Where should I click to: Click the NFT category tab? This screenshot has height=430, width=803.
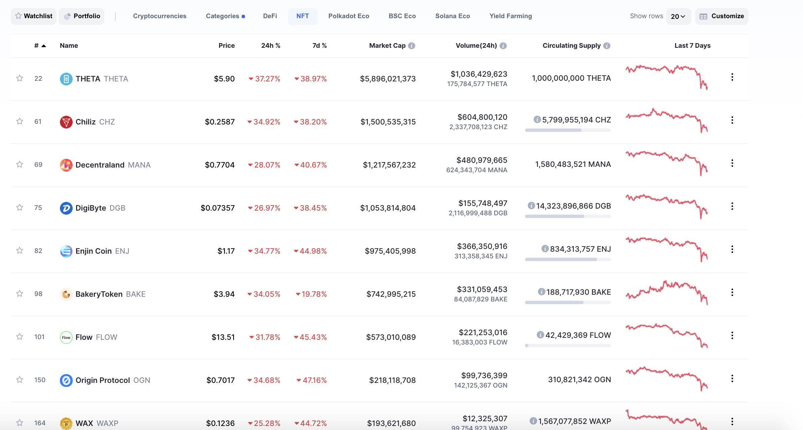click(303, 16)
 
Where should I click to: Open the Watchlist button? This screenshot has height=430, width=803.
click(34, 16)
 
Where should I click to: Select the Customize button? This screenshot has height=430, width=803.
click(722, 16)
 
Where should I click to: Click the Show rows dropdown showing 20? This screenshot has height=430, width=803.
click(678, 16)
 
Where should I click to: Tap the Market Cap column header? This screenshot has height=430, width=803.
click(387, 45)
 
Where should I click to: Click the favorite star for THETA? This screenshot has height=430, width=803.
click(20, 78)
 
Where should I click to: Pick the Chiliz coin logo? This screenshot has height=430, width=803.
click(66, 122)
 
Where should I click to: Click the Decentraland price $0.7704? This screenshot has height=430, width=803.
click(220, 165)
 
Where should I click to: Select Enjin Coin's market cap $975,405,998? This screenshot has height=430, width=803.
click(390, 251)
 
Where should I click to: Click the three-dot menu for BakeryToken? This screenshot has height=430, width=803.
click(732, 292)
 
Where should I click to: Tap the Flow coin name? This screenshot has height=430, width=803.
click(84, 337)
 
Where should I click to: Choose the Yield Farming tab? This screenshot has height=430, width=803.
click(511, 16)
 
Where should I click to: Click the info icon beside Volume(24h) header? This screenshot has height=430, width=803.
click(503, 46)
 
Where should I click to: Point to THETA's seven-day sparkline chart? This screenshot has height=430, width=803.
click(666, 77)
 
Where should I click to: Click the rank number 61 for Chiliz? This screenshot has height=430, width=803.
click(38, 121)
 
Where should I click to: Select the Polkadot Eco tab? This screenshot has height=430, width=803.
click(349, 16)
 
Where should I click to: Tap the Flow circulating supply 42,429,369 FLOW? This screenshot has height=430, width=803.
click(578, 335)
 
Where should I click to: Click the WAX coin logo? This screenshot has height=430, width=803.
click(66, 423)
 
